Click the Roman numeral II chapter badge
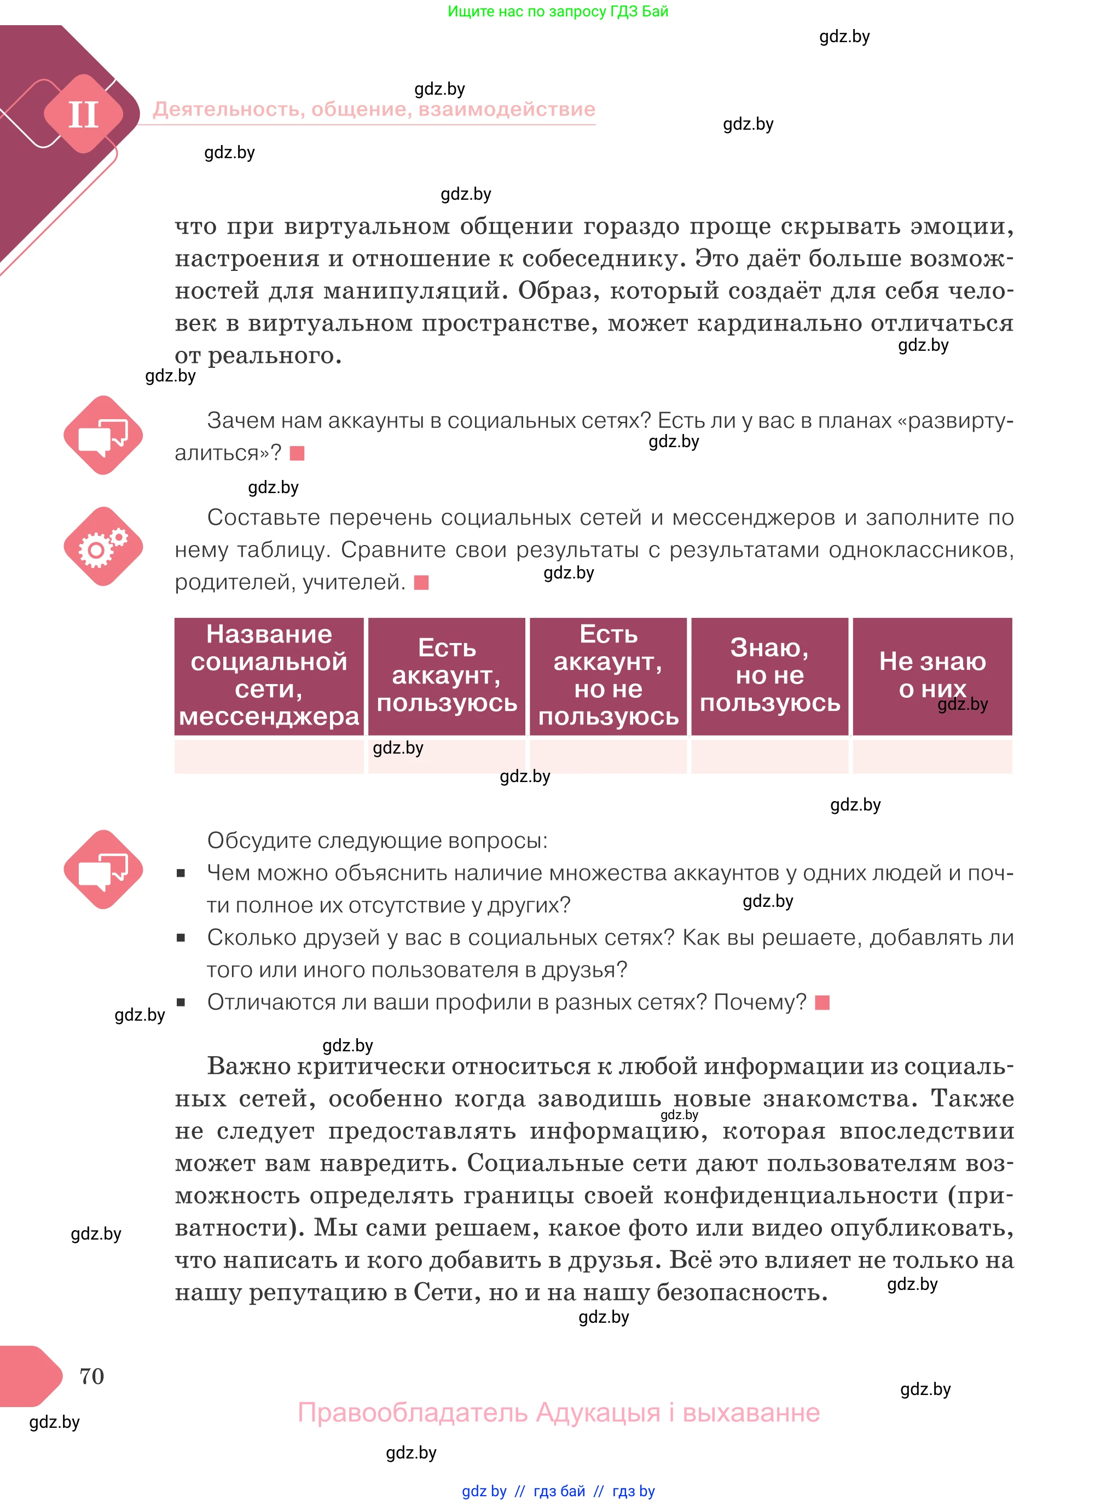pyautogui.click(x=83, y=114)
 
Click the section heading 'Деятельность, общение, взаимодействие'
pyautogui.click(x=374, y=109)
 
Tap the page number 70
pyautogui.click(x=91, y=1376)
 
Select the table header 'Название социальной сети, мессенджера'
pyautogui.click(x=269, y=675)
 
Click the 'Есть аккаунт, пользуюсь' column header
pyautogui.click(x=447, y=675)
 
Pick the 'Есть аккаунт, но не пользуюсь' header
pyautogui.click(x=608, y=675)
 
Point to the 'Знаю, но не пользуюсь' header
pyautogui.click(x=769, y=675)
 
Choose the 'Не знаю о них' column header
pyautogui.click(x=932, y=675)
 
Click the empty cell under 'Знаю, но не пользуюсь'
pyautogui.click(x=769, y=756)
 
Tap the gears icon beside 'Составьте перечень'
pyautogui.click(x=103, y=546)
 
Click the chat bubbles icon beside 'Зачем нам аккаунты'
pyautogui.click(x=103, y=435)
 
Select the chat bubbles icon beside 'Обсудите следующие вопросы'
pyautogui.click(x=103, y=869)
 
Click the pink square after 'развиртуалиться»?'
pyautogui.click(x=297, y=453)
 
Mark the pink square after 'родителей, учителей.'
pyautogui.click(x=421, y=583)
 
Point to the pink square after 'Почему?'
pyautogui.click(x=822, y=1002)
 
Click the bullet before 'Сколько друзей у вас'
pyautogui.click(x=181, y=938)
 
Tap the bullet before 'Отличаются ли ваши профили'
pyautogui.click(x=181, y=1002)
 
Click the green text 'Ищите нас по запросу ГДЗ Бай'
pyautogui.click(x=558, y=11)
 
